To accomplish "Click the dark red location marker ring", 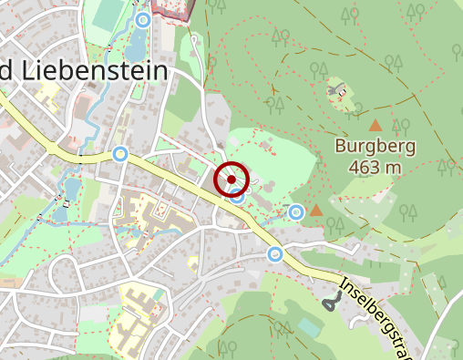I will coord(231,179).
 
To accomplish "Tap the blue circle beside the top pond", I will coord(142,19).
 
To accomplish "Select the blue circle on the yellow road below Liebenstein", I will coord(119,154).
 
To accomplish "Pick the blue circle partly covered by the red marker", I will coord(239,193).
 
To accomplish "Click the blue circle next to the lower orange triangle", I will coord(295,212).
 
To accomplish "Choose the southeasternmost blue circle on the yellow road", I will coord(275,252).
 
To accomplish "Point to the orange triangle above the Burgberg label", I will coord(376,125).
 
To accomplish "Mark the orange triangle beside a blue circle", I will coord(315,211).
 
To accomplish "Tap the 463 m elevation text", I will coord(375,167).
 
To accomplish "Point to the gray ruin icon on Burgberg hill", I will coord(338,90).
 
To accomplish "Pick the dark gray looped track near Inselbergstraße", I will coord(329,301).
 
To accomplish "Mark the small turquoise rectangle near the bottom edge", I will coord(311,326).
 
